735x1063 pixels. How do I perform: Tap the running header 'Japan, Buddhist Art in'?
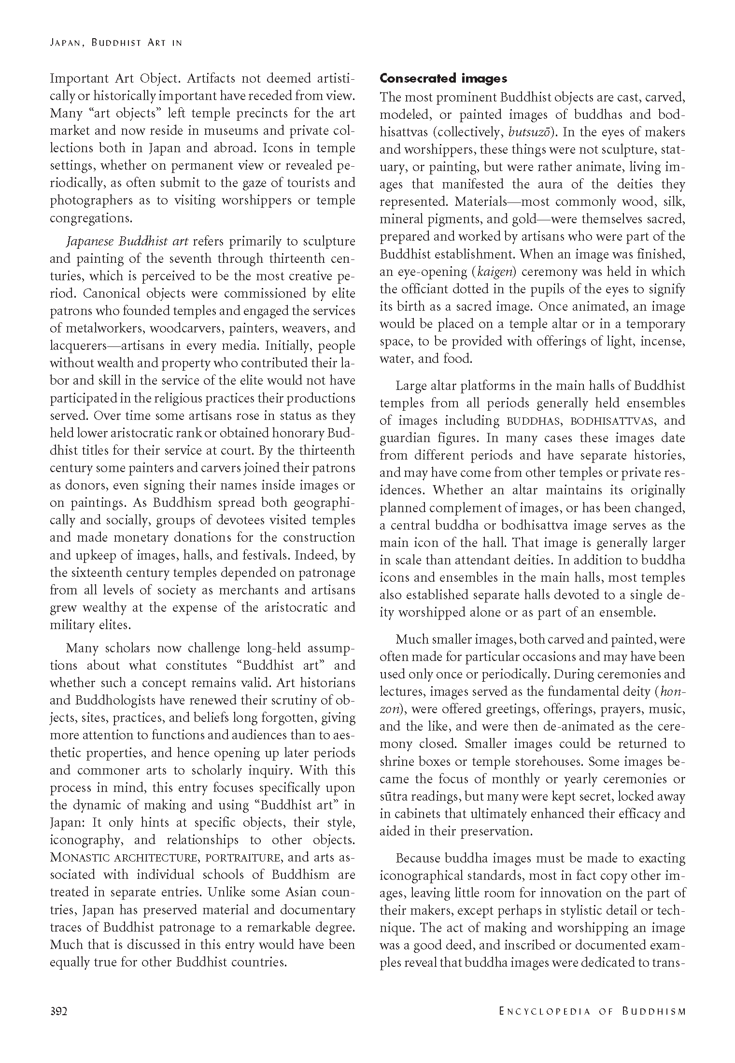point(116,43)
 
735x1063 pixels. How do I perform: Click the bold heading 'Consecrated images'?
point(443,78)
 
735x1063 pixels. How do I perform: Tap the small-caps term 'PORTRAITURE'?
point(243,858)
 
